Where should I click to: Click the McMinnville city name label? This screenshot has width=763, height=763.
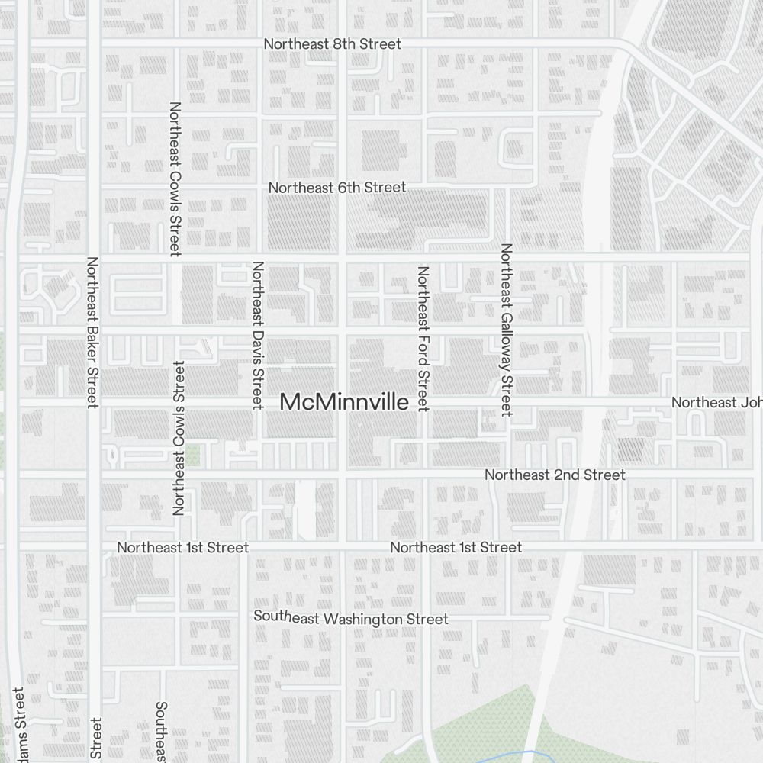344,402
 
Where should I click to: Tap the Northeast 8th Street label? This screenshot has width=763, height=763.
332,44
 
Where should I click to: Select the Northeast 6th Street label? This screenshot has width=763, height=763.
336,187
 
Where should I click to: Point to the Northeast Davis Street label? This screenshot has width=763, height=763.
258,334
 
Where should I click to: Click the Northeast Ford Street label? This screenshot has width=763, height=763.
423,338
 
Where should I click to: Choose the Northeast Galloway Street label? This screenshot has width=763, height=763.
506,330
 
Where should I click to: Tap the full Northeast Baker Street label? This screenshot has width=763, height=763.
92,332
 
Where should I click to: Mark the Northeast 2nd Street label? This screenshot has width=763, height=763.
555,475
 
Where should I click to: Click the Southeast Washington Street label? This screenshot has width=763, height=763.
351,618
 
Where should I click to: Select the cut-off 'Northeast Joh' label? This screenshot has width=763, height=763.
716,402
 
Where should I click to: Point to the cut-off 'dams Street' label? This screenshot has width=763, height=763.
19,725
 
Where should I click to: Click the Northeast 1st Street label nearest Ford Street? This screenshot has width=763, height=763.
456,547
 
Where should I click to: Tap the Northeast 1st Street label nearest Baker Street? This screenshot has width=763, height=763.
182,547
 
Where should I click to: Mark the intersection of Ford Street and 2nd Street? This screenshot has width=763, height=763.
423,475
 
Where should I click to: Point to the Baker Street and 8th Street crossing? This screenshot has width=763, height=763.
94,43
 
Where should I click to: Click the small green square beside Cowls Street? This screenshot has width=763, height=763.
194,456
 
